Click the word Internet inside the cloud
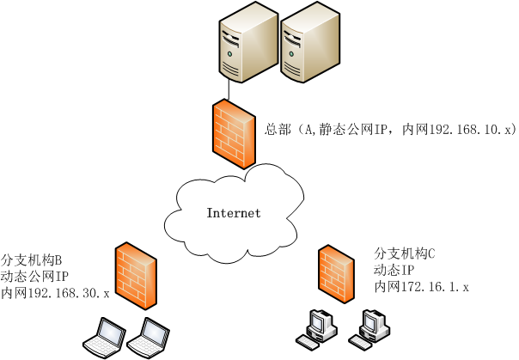233,213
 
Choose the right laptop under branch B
149,336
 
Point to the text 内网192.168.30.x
56,294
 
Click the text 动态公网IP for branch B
35,277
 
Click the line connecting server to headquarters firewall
229,87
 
